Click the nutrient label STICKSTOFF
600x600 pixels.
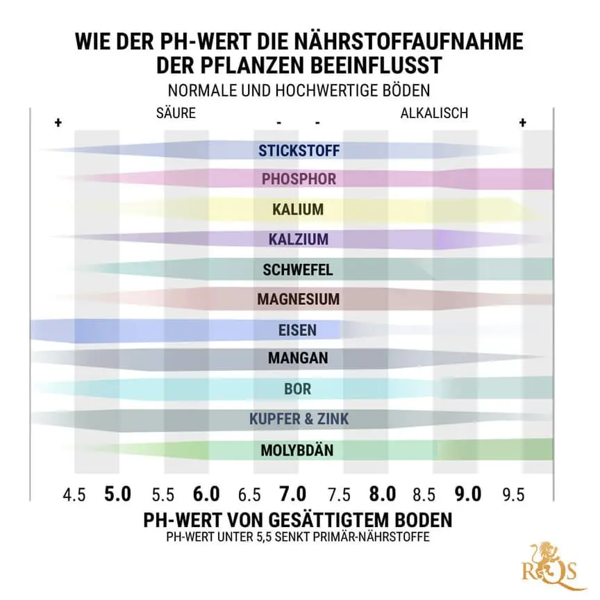[299, 150]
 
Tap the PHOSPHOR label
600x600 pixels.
[299, 179]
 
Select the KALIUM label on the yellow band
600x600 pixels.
[298, 209]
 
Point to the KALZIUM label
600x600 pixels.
[299, 240]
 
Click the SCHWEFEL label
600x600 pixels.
[298, 269]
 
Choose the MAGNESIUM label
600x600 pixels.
[298, 300]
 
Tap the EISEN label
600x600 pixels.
[298, 330]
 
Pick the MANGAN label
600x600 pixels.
[298, 359]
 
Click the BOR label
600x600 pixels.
[298, 390]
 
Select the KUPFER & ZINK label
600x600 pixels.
[299, 419]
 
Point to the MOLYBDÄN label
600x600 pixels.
[297, 450]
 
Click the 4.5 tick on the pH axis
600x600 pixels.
[74, 495]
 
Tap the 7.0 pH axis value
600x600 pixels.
[292, 494]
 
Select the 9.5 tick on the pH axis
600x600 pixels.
[514, 495]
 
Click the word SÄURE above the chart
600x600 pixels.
[176, 112]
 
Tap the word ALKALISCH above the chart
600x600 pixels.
[434, 112]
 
